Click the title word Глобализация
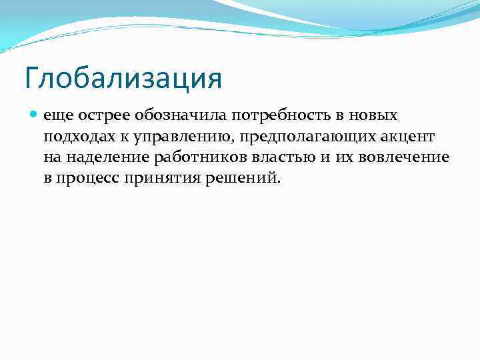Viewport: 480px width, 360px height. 123,77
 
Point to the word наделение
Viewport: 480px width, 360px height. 106,159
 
